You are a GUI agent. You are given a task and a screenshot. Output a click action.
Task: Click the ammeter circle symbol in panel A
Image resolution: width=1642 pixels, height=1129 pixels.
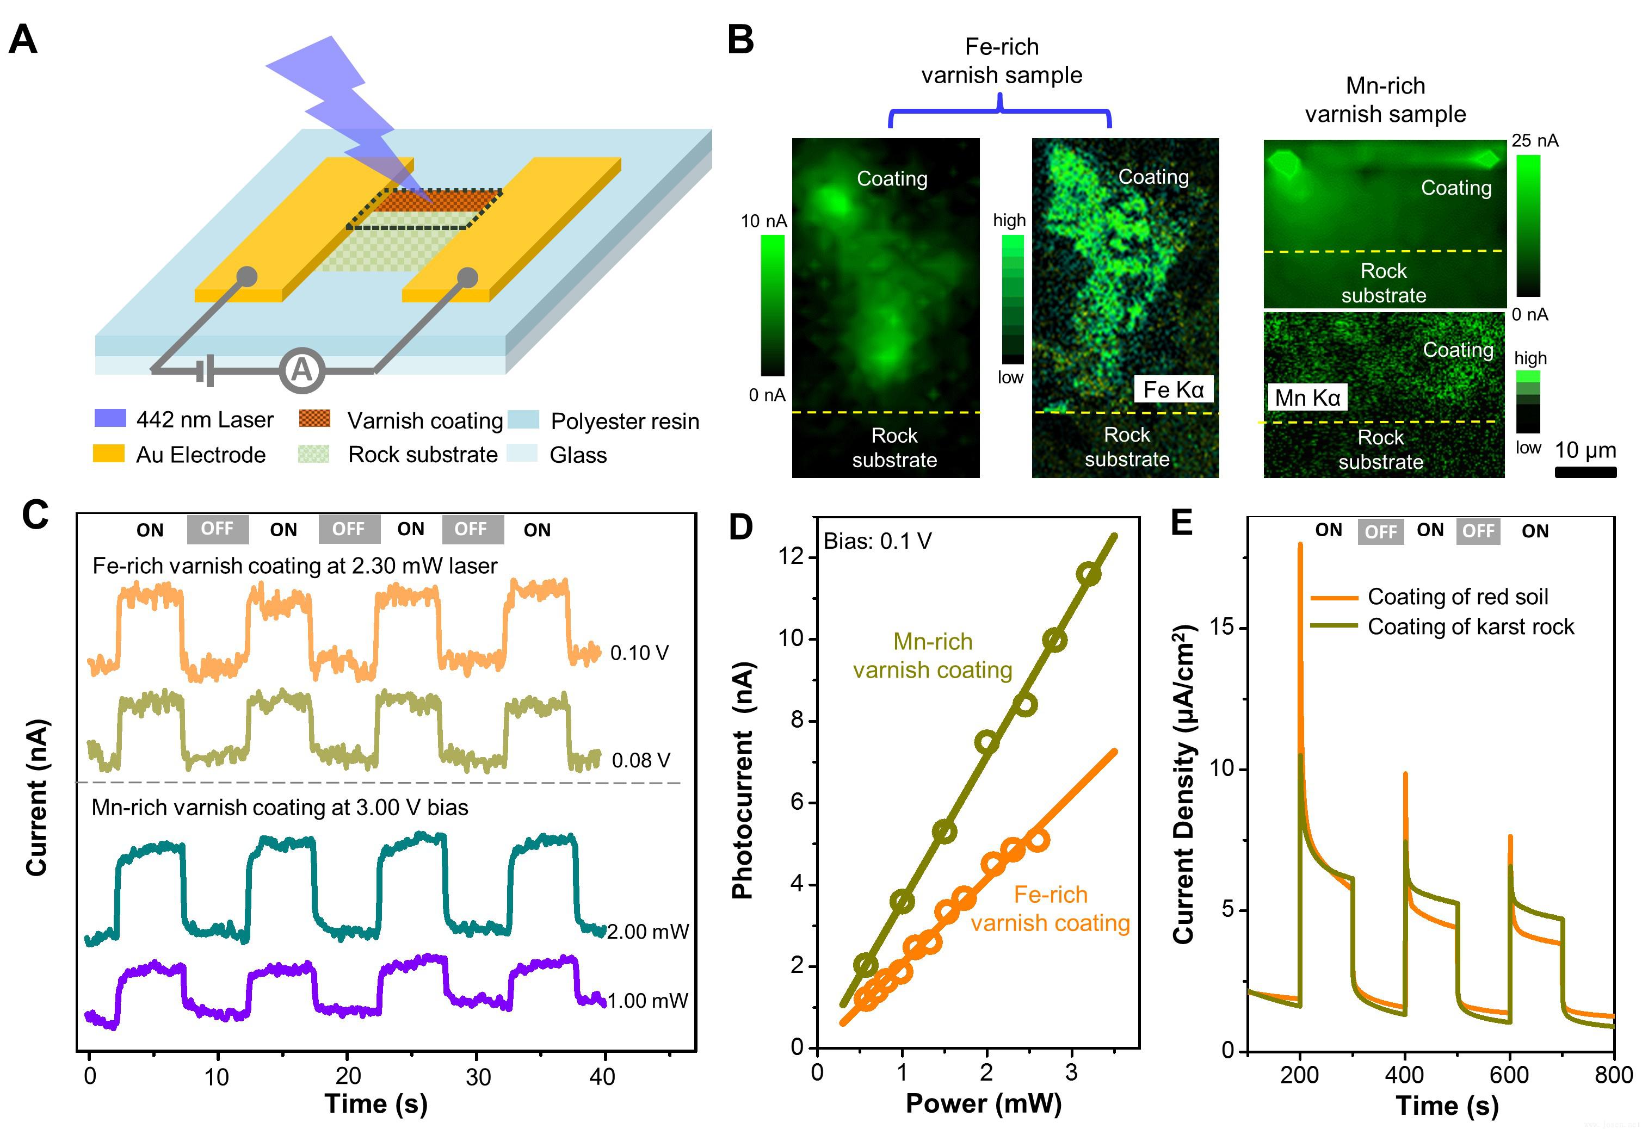point(301,370)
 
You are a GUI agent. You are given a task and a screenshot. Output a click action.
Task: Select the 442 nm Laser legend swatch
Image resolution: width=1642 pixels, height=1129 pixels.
point(110,419)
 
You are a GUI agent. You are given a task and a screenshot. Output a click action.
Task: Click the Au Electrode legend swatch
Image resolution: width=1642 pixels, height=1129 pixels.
point(109,454)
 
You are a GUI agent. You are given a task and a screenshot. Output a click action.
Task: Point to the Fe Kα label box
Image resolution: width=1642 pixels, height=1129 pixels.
point(1174,389)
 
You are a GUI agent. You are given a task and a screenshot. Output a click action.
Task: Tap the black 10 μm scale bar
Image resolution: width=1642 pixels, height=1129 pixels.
point(1585,472)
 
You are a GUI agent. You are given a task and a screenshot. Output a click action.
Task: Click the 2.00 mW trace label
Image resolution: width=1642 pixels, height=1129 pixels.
point(647,932)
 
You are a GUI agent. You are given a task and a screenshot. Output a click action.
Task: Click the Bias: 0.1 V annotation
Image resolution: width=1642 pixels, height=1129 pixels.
point(877,541)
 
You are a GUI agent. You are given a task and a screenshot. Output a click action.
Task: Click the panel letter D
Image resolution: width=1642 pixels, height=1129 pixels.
point(740,527)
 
